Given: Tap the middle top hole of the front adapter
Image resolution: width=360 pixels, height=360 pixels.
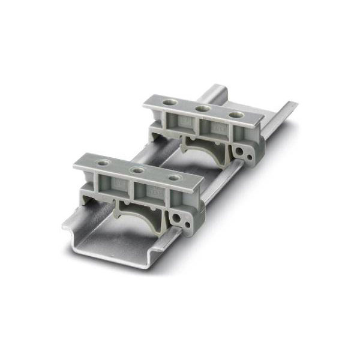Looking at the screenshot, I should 138,170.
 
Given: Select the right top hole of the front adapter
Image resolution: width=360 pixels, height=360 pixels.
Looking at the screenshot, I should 174,178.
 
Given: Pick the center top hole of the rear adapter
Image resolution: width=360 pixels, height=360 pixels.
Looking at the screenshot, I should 203,108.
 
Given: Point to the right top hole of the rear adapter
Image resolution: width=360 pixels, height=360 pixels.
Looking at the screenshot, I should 236,115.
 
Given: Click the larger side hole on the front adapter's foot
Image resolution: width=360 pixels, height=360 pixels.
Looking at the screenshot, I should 178,215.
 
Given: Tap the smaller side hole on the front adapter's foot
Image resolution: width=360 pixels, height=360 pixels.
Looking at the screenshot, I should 187,223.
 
